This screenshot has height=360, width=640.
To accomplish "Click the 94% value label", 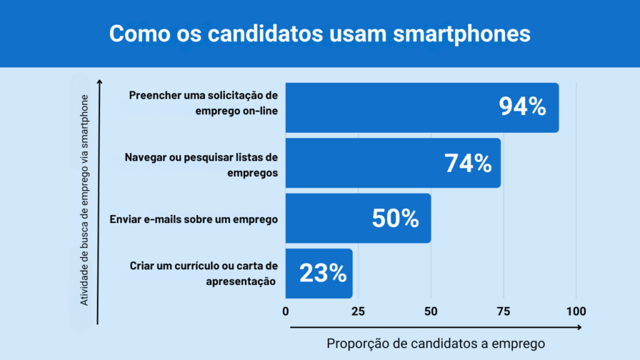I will click(x=522, y=107).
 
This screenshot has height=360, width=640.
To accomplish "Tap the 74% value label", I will click(x=468, y=163).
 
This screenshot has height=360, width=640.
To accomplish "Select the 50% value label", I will click(x=395, y=218).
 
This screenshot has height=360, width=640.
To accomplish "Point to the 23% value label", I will click(x=322, y=273).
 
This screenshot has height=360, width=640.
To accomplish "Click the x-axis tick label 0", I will click(x=286, y=311).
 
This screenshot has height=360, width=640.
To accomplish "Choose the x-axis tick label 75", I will click(x=503, y=311).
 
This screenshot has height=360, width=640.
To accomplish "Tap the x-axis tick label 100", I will click(x=576, y=311).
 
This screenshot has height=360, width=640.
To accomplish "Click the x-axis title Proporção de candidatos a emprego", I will click(x=436, y=343).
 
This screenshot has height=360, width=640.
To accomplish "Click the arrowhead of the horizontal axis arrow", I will click(x=579, y=327).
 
